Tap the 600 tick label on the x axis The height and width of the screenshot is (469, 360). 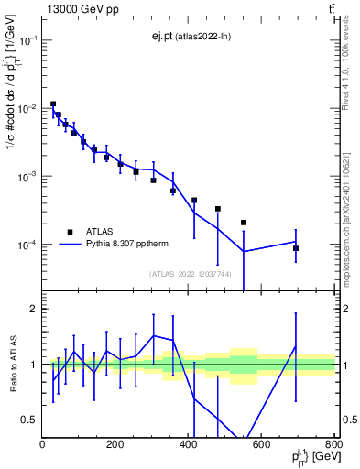tap(261, 443)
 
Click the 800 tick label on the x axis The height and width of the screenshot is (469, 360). tap(333, 443)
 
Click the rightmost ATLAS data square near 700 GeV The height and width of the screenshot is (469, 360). tap(296, 248)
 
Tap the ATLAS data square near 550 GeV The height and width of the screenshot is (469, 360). tap(244, 223)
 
